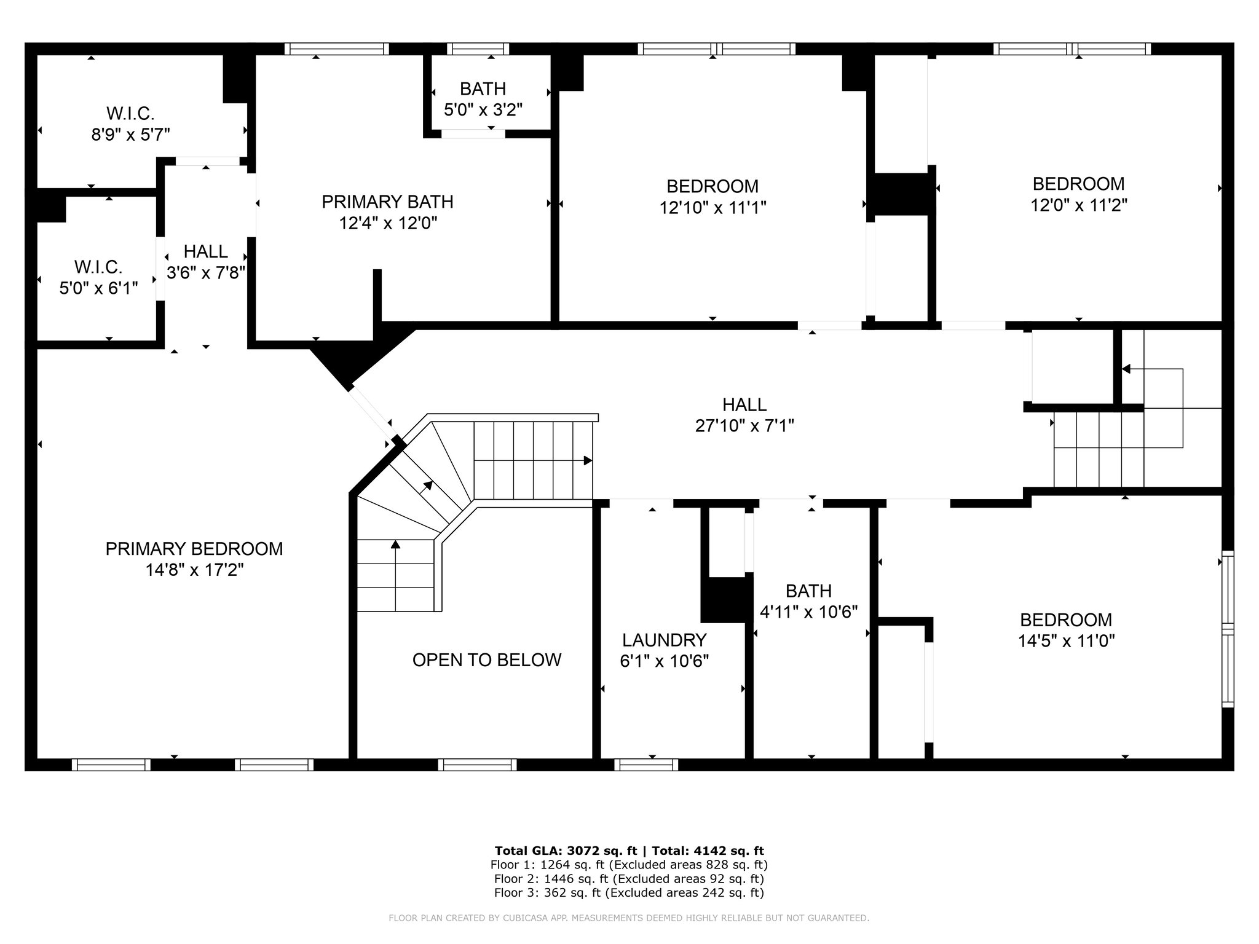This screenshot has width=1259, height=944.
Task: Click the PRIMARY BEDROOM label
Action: pos(194,548)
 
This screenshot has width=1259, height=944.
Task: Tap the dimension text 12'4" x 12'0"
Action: pos(388,222)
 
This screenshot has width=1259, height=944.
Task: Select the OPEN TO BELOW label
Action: pos(487,659)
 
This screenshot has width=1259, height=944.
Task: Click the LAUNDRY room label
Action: pos(665,640)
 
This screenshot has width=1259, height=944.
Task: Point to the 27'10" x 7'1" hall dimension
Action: pos(744,425)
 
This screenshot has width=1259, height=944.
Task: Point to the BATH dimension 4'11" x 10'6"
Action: pos(809,612)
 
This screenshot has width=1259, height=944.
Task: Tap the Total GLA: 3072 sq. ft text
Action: pos(566,851)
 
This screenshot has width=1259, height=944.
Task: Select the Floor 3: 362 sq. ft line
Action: pos(629,893)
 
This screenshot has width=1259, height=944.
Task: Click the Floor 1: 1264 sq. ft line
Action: pos(629,865)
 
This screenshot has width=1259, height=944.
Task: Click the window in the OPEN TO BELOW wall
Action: pos(478,765)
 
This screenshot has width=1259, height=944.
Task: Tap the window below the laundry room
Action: pos(646,765)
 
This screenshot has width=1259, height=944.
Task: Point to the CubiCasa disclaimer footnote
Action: pos(629,918)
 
